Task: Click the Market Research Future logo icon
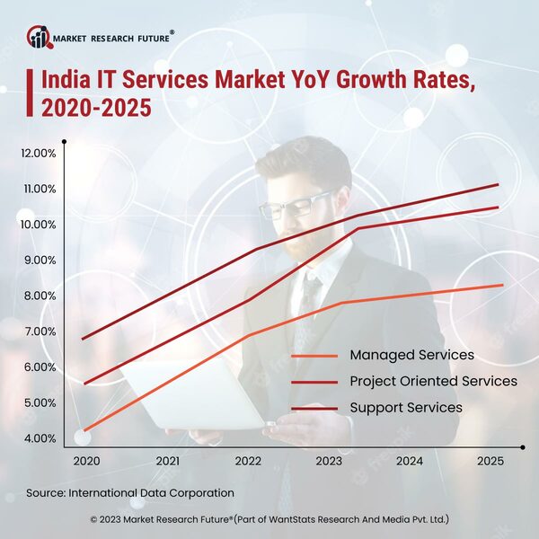(x=39, y=37)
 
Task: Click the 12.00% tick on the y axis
(x=38, y=153)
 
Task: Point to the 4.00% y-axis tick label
(x=38, y=438)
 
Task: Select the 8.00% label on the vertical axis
(x=38, y=296)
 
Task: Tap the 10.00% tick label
(x=38, y=225)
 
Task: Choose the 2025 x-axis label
(x=490, y=460)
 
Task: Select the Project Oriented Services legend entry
(x=433, y=381)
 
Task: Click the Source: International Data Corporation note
(x=129, y=492)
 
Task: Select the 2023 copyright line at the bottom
(x=269, y=519)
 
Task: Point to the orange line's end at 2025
(x=501, y=285)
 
